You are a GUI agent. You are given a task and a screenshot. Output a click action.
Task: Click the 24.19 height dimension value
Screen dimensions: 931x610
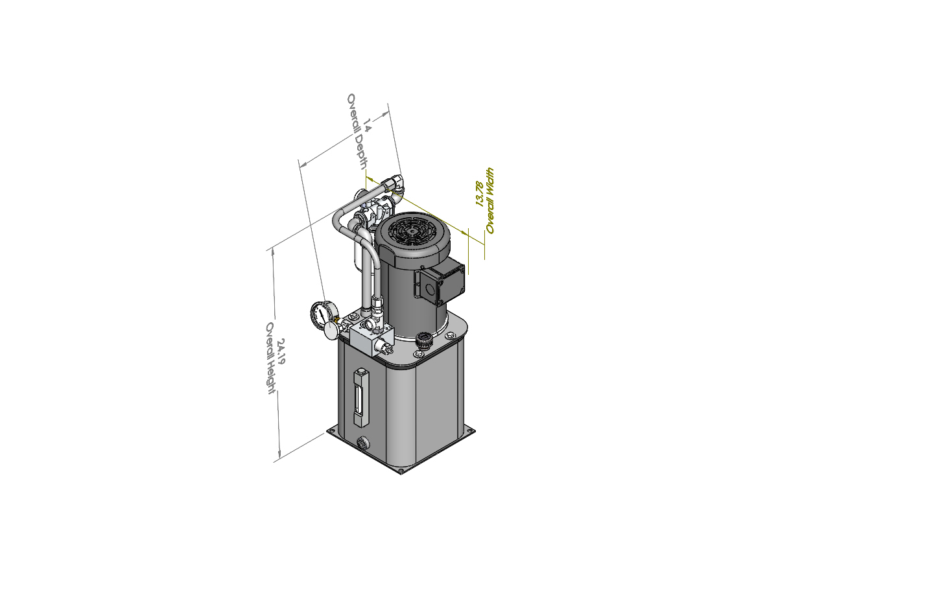pyautogui.click(x=281, y=351)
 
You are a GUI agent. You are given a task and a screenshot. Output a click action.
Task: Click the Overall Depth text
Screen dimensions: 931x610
pyautogui.click(x=357, y=132)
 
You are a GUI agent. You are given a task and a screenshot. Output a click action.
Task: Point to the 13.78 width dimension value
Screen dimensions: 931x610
pyautogui.click(x=479, y=194)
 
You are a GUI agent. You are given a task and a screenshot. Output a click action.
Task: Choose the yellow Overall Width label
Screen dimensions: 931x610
pyautogui.click(x=489, y=201)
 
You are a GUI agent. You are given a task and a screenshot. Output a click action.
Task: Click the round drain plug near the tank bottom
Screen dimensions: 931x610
pyautogui.click(x=363, y=442)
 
